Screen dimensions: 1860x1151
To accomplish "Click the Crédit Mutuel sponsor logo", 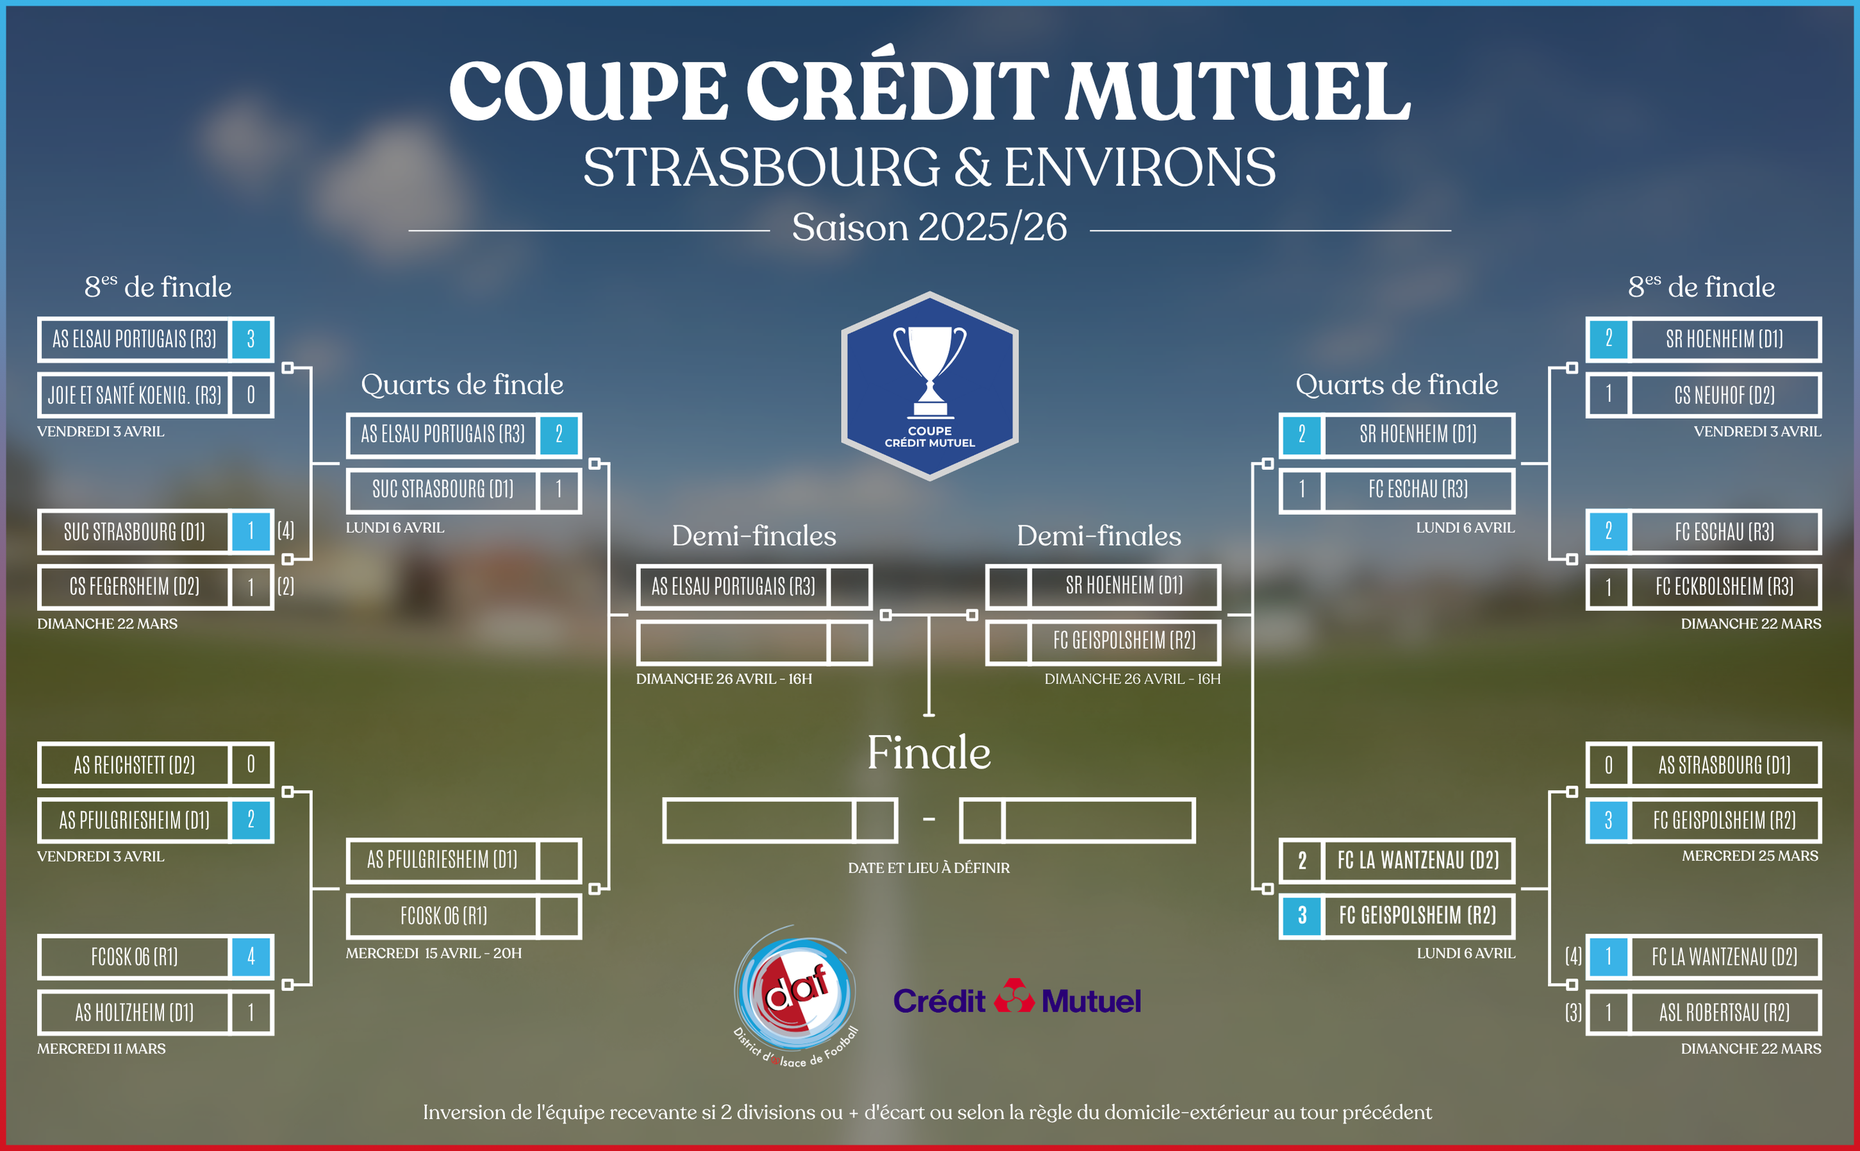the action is (x=1017, y=998).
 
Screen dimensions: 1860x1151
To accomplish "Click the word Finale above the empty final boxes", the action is (x=929, y=753).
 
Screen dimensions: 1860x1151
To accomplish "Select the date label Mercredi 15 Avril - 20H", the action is (x=434, y=953).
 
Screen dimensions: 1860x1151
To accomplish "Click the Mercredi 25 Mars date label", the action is (x=1750, y=855).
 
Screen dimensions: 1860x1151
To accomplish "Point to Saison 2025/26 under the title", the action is (x=929, y=227).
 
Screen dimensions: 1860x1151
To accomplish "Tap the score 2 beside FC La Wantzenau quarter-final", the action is (x=1302, y=861).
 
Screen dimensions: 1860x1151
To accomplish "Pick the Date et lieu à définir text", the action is (x=929, y=868).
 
